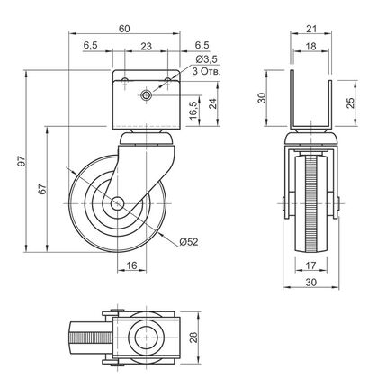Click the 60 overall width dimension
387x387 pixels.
(124, 29)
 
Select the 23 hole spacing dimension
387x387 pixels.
(146, 46)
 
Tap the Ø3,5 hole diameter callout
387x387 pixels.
(206, 59)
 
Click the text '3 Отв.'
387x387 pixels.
(206, 71)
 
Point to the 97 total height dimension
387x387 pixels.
(22, 161)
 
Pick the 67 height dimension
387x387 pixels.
(42, 189)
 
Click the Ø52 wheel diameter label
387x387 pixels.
(189, 242)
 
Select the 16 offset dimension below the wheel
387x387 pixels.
(131, 265)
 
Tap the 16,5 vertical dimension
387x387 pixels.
(193, 111)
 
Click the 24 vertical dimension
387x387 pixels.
(212, 103)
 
